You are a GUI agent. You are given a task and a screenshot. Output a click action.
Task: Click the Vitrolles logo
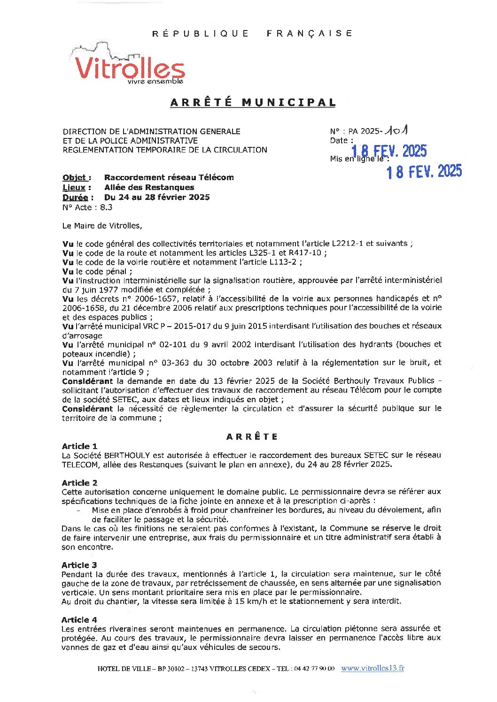pos(129,66)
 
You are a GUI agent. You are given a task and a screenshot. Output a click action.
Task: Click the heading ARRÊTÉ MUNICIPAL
pos(253,102)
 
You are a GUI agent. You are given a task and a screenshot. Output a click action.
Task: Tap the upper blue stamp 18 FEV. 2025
pos(389,151)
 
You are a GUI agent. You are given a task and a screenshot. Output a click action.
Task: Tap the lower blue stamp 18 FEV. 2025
pos(424,172)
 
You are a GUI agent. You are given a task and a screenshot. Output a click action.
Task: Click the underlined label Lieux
pos(74,187)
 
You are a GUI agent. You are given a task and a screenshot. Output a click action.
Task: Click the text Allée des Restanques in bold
pos(149,187)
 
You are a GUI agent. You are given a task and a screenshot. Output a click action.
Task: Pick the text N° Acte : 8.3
pos(87,207)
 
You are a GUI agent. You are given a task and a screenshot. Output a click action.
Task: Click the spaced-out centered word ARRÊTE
pos(252,436)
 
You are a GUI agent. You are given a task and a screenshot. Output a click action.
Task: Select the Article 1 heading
pos(79,446)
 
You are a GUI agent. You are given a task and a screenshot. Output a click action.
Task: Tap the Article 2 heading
pos(79,482)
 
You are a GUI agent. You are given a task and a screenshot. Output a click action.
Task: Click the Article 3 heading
pos(79,565)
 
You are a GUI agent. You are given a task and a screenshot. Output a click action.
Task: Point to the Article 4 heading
pos(79,619)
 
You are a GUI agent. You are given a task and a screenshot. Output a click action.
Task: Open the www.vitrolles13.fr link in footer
pos(373,668)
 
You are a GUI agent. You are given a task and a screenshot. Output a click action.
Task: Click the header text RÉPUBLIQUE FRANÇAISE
pos(252,33)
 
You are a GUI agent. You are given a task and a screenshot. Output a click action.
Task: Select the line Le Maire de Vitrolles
pos(102,226)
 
